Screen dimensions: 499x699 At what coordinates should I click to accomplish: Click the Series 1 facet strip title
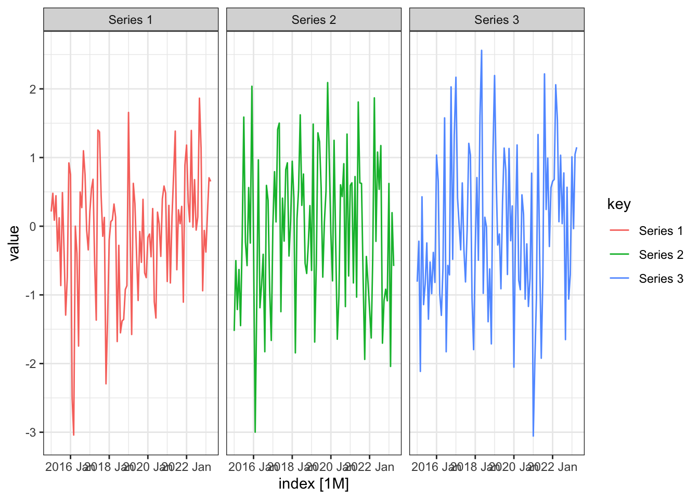coord(131,20)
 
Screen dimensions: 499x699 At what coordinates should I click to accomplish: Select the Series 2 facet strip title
coord(314,20)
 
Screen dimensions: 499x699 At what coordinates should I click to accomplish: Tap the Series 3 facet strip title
coord(497,20)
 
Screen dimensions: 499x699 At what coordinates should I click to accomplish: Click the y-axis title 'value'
coord(14,243)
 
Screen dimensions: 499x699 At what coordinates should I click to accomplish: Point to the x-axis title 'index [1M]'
coord(314,484)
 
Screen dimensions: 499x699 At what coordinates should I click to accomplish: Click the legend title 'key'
coord(619,204)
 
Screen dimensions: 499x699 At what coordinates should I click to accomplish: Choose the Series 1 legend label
coord(661,231)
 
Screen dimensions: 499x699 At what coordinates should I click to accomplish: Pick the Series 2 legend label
coord(661,255)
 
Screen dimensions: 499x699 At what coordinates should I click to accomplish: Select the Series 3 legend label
coord(661,279)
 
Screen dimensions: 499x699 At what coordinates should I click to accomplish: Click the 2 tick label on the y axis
coord(33,89)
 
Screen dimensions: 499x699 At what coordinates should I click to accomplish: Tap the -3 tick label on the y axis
coord(31,432)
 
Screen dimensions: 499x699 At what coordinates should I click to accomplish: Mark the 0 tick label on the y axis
coord(33,227)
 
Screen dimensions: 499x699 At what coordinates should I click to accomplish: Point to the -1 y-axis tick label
coord(31,295)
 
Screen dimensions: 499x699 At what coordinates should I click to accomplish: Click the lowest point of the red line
coord(74,435)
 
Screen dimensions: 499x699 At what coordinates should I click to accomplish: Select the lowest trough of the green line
coord(255,432)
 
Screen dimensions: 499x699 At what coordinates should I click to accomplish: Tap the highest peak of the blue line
coord(482,50)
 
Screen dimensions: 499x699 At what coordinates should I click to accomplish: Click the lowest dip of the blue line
coord(533,436)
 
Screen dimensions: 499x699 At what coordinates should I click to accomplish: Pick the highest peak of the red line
coord(199,98)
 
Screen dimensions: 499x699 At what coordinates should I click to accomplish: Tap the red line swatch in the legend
coord(619,231)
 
